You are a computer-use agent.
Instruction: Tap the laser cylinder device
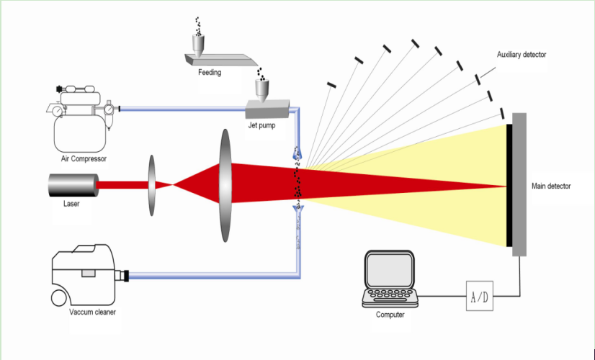pos(73,185)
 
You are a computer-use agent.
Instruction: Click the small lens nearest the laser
pos(153,185)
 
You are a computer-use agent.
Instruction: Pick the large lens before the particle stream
pos(223,185)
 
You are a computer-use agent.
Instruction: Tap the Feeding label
pos(210,73)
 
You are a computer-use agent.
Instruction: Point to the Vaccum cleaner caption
pos(92,312)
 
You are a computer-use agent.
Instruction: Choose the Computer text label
pos(390,315)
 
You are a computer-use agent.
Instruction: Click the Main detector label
pos(551,186)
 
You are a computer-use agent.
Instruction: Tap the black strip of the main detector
pos(509,185)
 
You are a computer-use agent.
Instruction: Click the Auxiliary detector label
pos(522,55)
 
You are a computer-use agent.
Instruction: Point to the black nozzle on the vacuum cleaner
pos(126,274)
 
